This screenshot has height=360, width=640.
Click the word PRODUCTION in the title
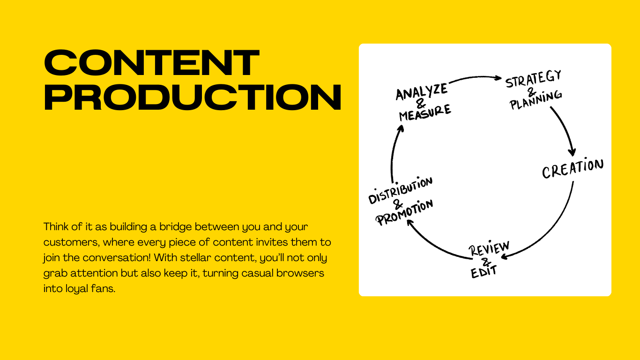pyautogui.click(x=192, y=97)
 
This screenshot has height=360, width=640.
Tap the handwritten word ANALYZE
pyautogui.click(x=421, y=92)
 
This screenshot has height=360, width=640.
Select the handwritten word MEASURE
pyautogui.click(x=424, y=113)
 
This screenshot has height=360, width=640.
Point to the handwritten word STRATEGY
pyautogui.click(x=533, y=79)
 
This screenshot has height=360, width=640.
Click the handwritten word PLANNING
pyautogui.click(x=536, y=100)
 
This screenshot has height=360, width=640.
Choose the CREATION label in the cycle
pyautogui.click(x=573, y=168)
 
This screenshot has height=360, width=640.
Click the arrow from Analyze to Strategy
pyautogui.click(x=474, y=78)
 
